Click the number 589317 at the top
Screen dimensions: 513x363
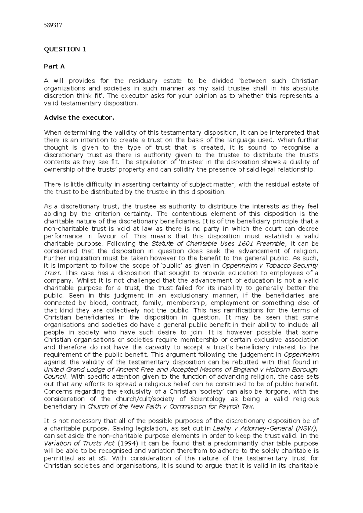point(53,25)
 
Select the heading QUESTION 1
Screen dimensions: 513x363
point(65,49)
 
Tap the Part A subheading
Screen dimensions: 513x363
point(54,66)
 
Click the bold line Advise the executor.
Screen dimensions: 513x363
point(79,118)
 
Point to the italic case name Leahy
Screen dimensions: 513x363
point(221,428)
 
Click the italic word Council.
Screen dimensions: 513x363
point(55,377)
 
